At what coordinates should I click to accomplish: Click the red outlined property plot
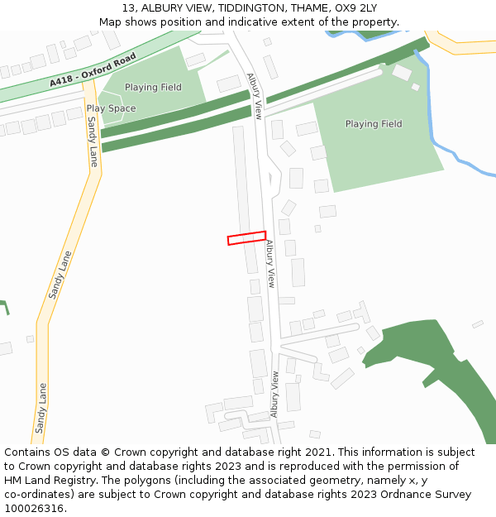click(x=246, y=238)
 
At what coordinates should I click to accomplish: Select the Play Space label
click(x=111, y=108)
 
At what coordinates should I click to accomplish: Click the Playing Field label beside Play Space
click(x=153, y=88)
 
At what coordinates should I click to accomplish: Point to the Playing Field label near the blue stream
click(x=374, y=124)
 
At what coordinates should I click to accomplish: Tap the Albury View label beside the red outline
click(x=270, y=264)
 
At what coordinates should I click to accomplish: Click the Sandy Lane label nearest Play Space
click(x=92, y=141)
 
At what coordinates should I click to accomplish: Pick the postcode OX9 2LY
click(x=355, y=8)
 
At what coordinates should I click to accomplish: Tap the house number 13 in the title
click(x=128, y=8)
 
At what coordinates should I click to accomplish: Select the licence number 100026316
click(x=34, y=509)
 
